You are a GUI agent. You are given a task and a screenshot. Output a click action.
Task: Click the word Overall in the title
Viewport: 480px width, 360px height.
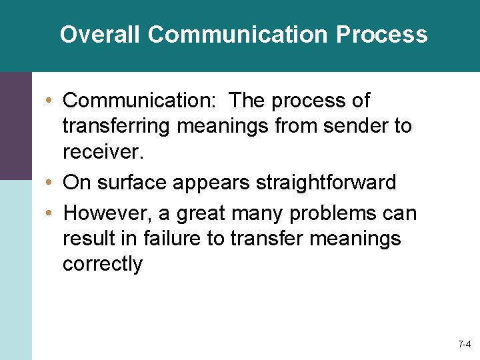[x=100, y=34]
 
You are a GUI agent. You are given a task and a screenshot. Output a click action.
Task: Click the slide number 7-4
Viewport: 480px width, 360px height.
[x=464, y=345]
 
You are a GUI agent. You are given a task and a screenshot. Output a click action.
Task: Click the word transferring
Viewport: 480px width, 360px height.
[x=120, y=126]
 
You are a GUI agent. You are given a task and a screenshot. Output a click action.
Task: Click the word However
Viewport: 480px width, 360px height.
[x=105, y=213]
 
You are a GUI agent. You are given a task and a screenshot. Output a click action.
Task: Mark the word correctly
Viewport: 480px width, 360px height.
[x=103, y=264]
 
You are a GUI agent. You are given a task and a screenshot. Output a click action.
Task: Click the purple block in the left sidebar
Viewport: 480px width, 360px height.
[x=15, y=126]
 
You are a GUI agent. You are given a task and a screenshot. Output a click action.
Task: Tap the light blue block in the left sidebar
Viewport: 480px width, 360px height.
[x=15, y=269]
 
